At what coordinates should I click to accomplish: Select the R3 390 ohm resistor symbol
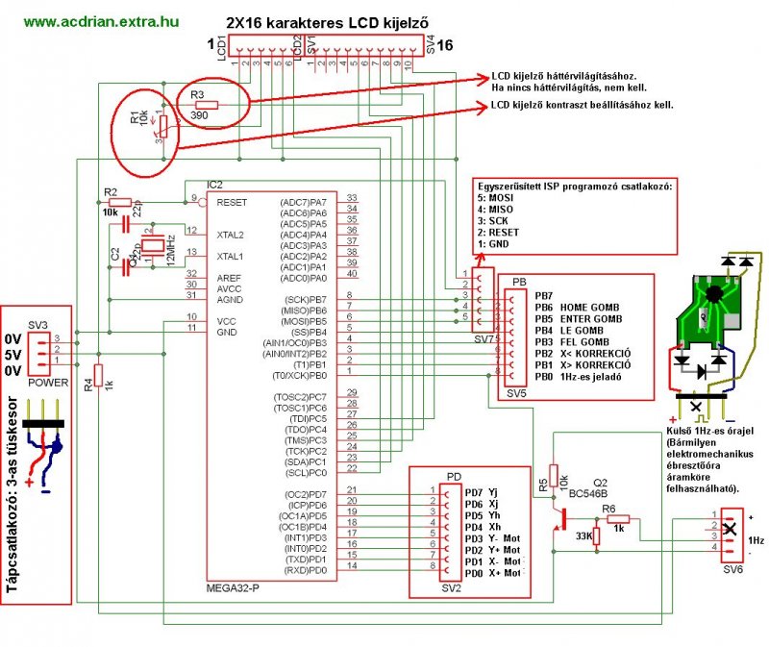[207, 104]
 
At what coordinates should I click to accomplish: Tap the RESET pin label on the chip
[234, 203]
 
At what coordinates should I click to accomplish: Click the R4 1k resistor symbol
[98, 377]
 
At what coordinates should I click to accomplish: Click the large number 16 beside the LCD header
[446, 45]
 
